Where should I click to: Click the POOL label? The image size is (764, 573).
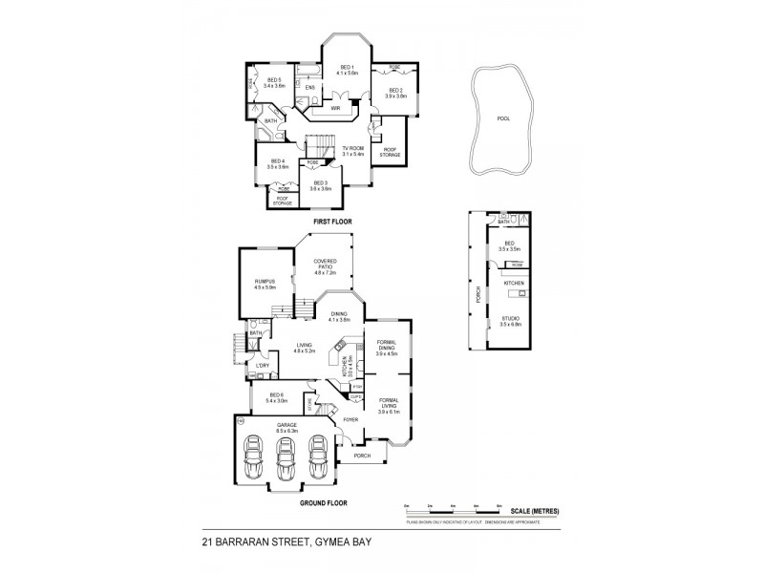tap(503, 120)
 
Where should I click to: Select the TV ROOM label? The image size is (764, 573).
tap(353, 149)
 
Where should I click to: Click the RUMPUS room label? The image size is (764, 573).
tap(265, 282)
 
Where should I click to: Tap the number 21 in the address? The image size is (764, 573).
tap(207, 541)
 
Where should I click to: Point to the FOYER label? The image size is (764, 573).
tap(350, 419)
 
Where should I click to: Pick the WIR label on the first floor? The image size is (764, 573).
tap(335, 109)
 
